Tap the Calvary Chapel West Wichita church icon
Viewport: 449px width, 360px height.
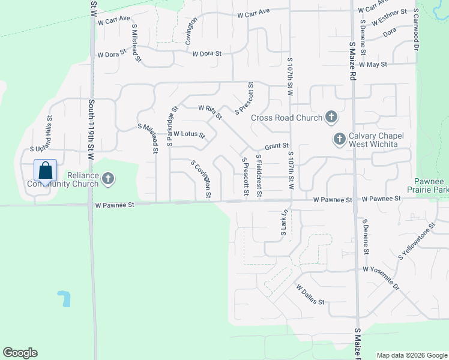pos(339,140)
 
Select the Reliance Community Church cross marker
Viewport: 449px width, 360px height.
pos(108,178)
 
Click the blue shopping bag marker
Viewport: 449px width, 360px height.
pos(46,171)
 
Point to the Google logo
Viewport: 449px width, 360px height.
pos(20,353)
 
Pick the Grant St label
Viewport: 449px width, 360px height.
pos(277,145)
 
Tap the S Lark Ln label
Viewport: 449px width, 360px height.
pos(285,223)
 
